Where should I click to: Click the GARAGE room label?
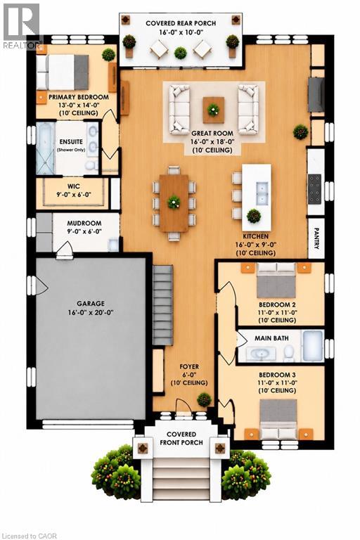(91, 304)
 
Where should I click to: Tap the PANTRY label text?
(316, 238)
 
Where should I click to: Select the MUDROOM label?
(84, 223)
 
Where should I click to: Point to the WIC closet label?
(74, 186)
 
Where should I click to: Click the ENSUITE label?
(71, 141)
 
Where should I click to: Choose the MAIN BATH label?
(271, 338)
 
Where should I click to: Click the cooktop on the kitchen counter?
(314, 189)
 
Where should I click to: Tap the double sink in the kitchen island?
(261, 193)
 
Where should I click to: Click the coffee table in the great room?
(214, 110)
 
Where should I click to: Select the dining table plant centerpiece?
(174, 202)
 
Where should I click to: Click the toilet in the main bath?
(289, 352)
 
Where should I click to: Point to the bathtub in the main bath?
(312, 346)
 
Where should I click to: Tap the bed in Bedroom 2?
(276, 281)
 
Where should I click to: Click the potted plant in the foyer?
(205, 400)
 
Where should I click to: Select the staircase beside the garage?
(162, 305)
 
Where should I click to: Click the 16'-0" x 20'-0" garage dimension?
(91, 312)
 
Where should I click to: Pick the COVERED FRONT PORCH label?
(181, 439)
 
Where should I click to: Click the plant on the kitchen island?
(254, 216)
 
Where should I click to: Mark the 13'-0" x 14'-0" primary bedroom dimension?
(79, 105)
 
